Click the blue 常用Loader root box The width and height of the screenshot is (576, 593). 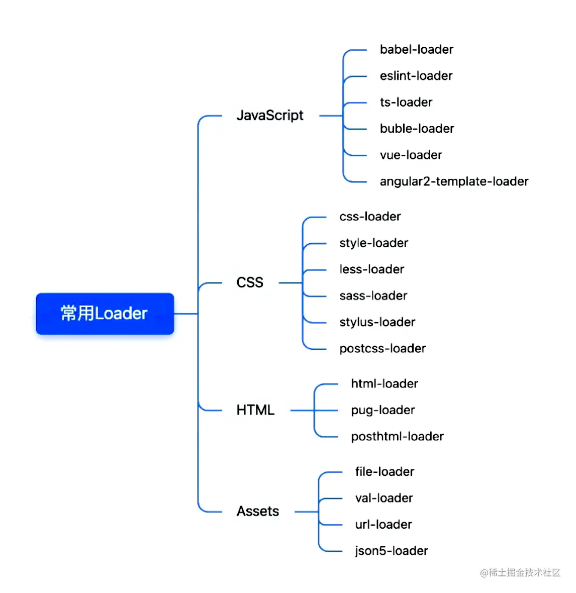click(105, 314)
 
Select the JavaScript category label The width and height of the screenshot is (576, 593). click(270, 116)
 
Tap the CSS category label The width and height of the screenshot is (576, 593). click(250, 282)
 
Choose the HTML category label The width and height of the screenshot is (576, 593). click(255, 410)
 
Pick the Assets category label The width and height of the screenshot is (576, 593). click(257, 512)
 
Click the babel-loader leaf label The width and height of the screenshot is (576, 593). click(416, 49)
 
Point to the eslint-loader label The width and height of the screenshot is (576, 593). click(416, 76)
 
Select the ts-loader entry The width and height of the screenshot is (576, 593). click(406, 102)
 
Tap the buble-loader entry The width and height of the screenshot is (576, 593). click(417, 129)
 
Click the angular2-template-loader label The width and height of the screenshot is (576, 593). click(454, 181)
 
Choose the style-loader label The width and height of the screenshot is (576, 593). click(373, 243)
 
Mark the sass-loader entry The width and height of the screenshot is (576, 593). click(373, 295)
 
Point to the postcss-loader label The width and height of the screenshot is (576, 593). click(382, 349)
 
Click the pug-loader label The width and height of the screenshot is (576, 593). click(382, 411)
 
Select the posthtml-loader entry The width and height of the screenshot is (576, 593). click(397, 436)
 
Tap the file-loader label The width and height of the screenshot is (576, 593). click(385, 471)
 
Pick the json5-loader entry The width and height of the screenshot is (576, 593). click(391, 551)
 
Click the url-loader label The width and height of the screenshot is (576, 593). click(383, 525)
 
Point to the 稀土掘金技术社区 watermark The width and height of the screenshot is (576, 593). click(520, 572)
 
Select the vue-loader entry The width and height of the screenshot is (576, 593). click(411, 155)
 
